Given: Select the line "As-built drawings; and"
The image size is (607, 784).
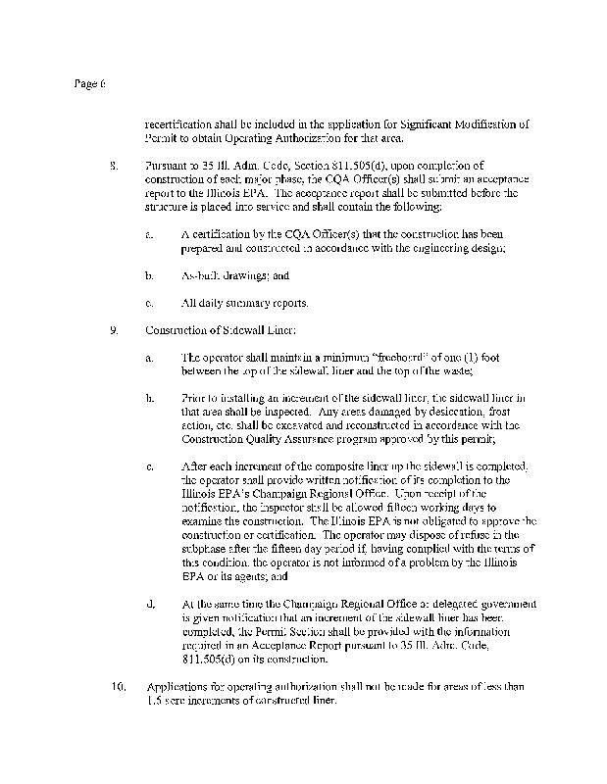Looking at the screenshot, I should point(236,276).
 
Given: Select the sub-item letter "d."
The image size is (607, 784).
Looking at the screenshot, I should point(150,603).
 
